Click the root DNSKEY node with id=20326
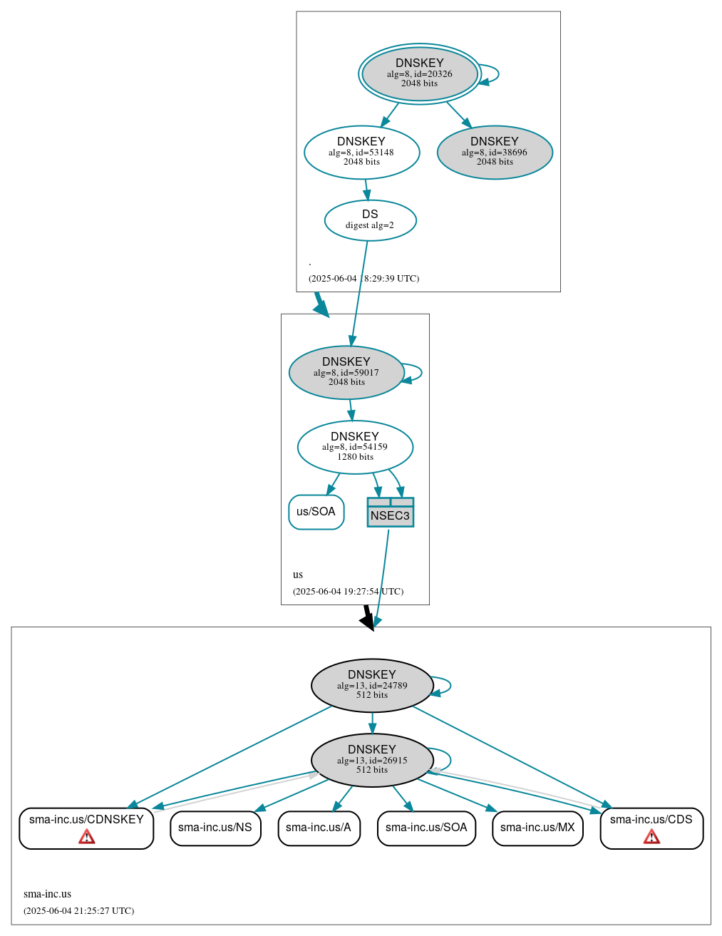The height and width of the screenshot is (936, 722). [420, 73]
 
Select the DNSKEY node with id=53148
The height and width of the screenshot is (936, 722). [361, 152]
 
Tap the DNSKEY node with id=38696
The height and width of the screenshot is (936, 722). [495, 152]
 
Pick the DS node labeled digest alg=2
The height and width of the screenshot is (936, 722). [370, 220]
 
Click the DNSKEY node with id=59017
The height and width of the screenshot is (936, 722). [346, 372]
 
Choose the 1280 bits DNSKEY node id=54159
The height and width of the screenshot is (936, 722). [355, 447]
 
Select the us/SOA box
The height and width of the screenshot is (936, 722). [316, 512]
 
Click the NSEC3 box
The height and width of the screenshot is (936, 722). [390, 513]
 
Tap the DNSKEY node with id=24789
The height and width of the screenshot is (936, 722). [372, 685]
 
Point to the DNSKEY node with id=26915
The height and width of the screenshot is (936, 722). [372, 760]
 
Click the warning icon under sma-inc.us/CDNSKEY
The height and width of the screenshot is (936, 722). [86, 836]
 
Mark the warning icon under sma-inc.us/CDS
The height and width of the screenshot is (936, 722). [651, 836]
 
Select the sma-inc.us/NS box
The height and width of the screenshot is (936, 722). [215, 828]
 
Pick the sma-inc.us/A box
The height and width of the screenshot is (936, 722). [319, 828]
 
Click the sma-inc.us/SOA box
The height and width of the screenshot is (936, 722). [426, 828]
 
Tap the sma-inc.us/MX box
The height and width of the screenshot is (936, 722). [537, 828]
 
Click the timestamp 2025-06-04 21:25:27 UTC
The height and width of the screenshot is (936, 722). [78, 910]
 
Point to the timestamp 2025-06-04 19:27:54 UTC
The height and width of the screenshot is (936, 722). [348, 591]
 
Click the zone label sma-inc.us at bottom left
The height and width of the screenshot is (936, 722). [47, 894]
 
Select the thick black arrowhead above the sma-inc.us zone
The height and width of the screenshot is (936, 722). [368, 622]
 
